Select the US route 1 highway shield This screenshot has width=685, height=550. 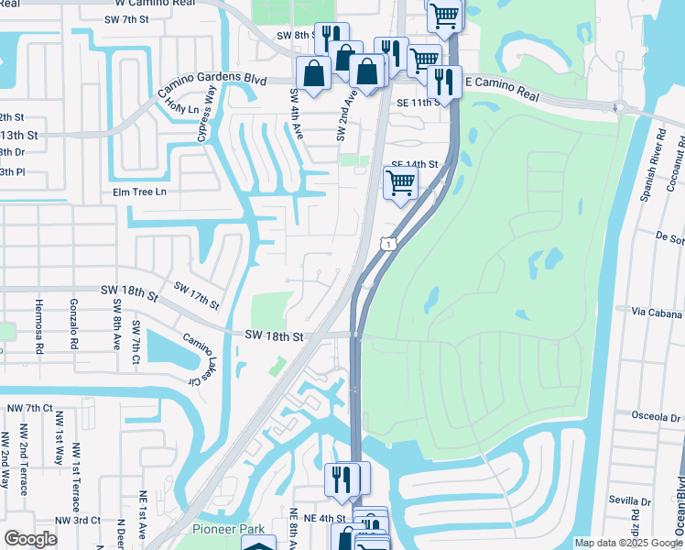click(x=389, y=244)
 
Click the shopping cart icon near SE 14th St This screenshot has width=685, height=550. click(x=400, y=182)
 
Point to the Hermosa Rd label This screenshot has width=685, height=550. click(x=39, y=325)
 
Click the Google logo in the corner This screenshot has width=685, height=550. click(x=30, y=538)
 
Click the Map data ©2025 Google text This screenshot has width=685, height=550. click(x=627, y=543)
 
